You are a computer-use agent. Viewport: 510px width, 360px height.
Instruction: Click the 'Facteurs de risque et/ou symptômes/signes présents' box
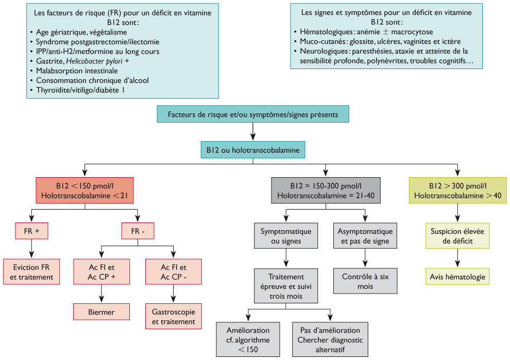(x=253, y=114)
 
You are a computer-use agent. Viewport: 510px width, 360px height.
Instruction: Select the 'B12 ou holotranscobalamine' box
(x=253, y=150)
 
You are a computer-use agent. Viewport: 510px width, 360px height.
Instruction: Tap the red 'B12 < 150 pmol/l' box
(x=85, y=191)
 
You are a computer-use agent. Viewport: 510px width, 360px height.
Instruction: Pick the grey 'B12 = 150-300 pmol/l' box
(x=326, y=191)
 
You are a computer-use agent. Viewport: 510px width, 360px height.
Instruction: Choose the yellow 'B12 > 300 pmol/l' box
(x=457, y=191)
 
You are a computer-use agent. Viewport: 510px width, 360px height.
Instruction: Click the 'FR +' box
(x=31, y=231)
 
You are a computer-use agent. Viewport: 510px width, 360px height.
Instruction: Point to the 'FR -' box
(x=138, y=231)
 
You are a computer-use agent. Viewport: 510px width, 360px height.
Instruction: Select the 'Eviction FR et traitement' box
(x=31, y=272)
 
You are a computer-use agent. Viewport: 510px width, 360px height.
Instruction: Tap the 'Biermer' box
(x=101, y=312)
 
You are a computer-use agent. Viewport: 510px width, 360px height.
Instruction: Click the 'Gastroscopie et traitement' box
(x=174, y=316)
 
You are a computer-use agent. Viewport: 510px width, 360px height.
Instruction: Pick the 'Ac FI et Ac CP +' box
(x=101, y=272)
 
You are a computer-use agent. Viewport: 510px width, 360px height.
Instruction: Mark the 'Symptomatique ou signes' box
(x=285, y=236)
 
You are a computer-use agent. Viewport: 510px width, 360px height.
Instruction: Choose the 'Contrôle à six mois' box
(x=365, y=281)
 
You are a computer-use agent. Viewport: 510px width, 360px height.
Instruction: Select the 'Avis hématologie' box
(x=457, y=277)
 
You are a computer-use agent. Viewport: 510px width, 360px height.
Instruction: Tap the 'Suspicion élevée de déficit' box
(x=457, y=236)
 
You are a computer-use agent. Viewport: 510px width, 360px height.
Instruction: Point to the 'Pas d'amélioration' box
(x=330, y=339)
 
